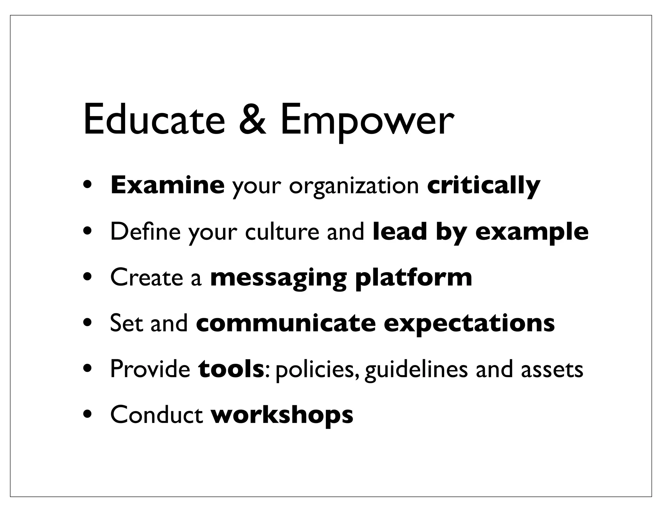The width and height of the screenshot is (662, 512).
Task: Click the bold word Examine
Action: pyautogui.click(x=167, y=185)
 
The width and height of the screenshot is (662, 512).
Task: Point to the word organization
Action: pyautogui.click(x=354, y=187)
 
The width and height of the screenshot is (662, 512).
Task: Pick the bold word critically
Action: pyautogui.click(x=484, y=186)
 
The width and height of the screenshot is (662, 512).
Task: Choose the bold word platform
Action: pyautogui.click(x=413, y=278)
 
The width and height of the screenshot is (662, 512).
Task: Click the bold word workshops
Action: pyautogui.click(x=282, y=415)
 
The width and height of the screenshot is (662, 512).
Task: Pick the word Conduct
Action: pyautogui.click(x=156, y=415)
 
